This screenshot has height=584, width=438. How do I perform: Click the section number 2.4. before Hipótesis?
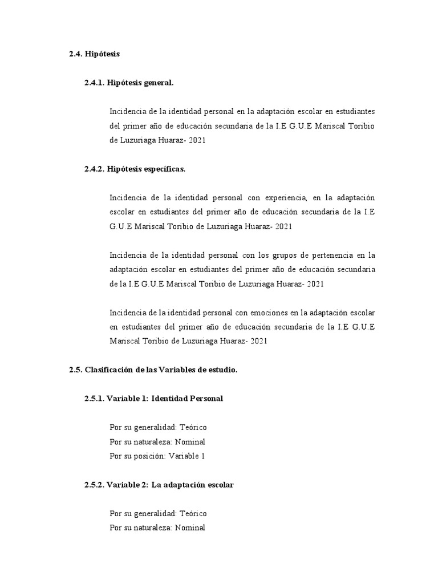75,54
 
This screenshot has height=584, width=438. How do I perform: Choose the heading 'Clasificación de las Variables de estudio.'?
161,370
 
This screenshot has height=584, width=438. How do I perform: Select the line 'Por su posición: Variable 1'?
157,456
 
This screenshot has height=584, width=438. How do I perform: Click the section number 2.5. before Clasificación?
75,370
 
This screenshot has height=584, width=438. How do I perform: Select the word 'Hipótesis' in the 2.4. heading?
102,54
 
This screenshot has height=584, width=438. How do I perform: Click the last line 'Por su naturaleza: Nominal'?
157,528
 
